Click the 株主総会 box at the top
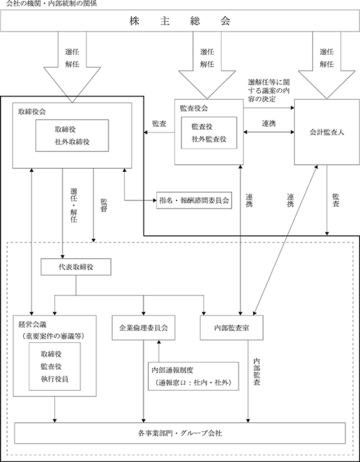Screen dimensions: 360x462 180,21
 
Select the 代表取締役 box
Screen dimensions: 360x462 76,267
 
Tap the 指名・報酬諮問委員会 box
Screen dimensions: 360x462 194,200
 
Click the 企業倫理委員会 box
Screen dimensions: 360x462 144,328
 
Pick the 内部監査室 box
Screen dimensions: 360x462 232,328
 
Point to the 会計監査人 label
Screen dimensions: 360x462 327,133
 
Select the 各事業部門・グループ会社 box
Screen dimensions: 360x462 180,433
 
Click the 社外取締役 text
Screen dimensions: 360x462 72,142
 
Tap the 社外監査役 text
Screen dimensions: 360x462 209,139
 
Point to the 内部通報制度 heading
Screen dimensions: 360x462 173,370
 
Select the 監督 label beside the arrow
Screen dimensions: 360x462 104,206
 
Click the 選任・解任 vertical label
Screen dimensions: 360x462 74,205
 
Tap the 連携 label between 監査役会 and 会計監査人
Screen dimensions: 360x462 269,123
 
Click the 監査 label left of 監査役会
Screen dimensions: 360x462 159,124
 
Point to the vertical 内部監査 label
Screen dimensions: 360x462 257,372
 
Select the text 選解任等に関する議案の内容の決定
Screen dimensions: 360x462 269,91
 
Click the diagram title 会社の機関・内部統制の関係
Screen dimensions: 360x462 51,4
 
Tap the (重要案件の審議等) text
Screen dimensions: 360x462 53,336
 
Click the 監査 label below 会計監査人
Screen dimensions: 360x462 336,200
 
